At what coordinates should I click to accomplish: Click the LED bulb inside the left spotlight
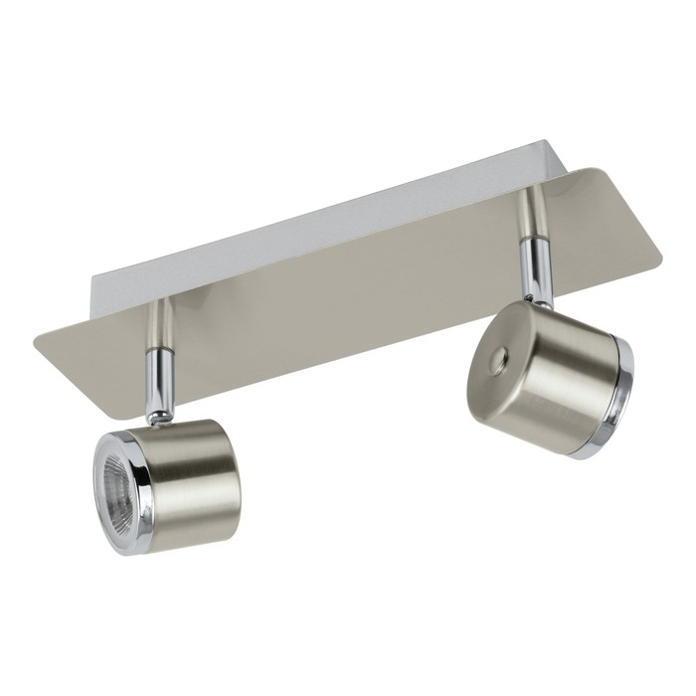(118, 472)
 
